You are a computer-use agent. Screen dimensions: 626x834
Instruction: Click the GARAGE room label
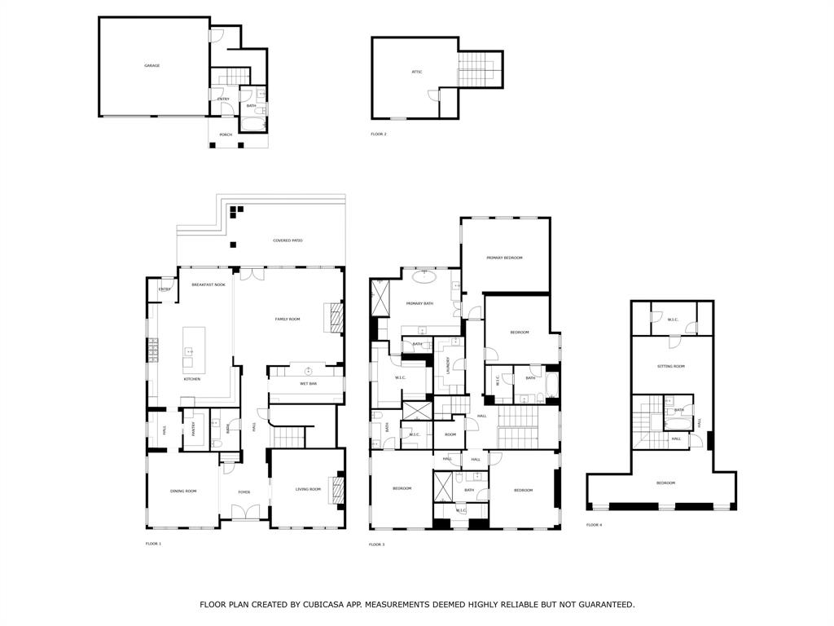[152, 66]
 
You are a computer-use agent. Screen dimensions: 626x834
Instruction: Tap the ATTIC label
[416, 73]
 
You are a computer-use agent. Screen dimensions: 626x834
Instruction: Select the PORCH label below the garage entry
[226, 134]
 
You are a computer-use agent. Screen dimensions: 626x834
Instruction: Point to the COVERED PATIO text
[288, 241]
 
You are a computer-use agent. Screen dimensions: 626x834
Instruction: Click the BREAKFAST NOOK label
[208, 284]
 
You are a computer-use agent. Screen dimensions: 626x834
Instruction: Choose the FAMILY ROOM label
[288, 320]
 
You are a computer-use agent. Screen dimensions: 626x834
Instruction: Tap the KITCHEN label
[192, 379]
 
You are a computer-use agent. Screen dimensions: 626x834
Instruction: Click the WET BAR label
[309, 383]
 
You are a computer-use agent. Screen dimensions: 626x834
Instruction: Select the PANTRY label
[193, 430]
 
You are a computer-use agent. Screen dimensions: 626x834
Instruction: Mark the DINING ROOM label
[183, 491]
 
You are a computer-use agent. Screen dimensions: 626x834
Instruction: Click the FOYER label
[244, 492]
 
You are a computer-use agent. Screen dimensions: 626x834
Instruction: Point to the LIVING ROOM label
[308, 490]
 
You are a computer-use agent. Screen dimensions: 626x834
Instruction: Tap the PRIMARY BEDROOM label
[504, 258]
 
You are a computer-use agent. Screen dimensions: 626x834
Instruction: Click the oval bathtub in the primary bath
[424, 276]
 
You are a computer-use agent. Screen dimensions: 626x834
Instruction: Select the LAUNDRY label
[448, 364]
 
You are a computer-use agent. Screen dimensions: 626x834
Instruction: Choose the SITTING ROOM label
[670, 367]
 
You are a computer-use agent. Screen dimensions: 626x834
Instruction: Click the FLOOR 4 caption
[594, 525]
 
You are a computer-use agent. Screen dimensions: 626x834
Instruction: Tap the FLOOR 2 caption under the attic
[379, 134]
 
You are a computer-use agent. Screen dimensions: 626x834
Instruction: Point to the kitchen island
[193, 346]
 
